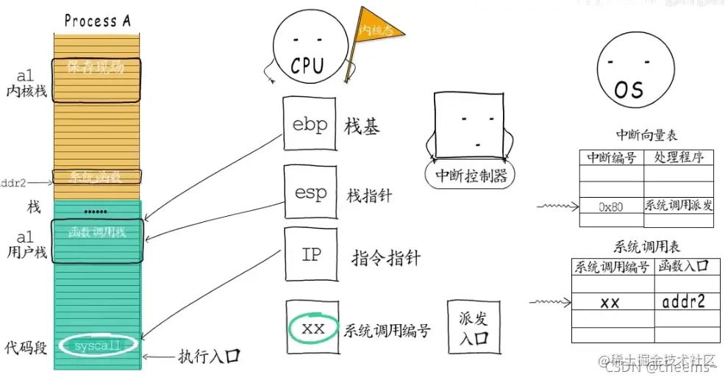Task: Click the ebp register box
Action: (x=310, y=125)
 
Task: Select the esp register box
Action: (x=310, y=193)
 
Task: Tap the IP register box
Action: (x=310, y=254)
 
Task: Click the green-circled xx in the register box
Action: (x=313, y=329)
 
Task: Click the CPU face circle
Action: (x=307, y=51)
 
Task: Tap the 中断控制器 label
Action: (x=470, y=176)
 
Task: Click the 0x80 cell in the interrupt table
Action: (x=610, y=207)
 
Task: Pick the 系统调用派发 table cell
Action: (x=679, y=205)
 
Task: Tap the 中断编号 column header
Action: (x=611, y=157)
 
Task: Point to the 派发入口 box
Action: (x=473, y=329)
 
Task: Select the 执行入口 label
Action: (x=210, y=356)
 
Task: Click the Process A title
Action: (x=97, y=20)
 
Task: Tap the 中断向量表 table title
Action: (x=646, y=135)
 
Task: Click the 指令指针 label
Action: (x=386, y=257)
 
